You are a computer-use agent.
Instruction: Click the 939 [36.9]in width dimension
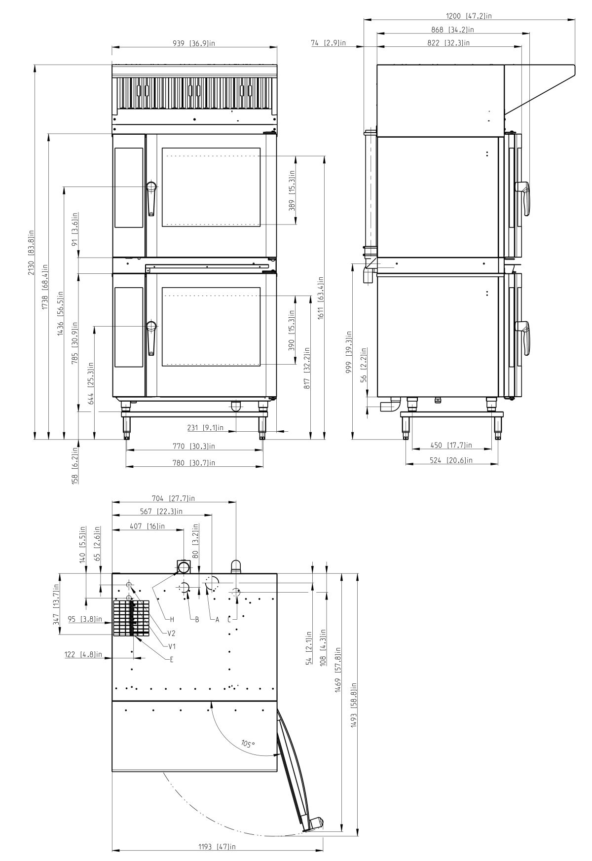(x=194, y=43)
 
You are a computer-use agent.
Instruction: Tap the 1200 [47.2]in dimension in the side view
(x=469, y=16)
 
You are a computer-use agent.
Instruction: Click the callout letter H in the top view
(x=172, y=619)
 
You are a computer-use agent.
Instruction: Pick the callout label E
(x=172, y=659)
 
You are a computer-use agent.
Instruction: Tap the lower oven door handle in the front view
(x=151, y=338)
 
